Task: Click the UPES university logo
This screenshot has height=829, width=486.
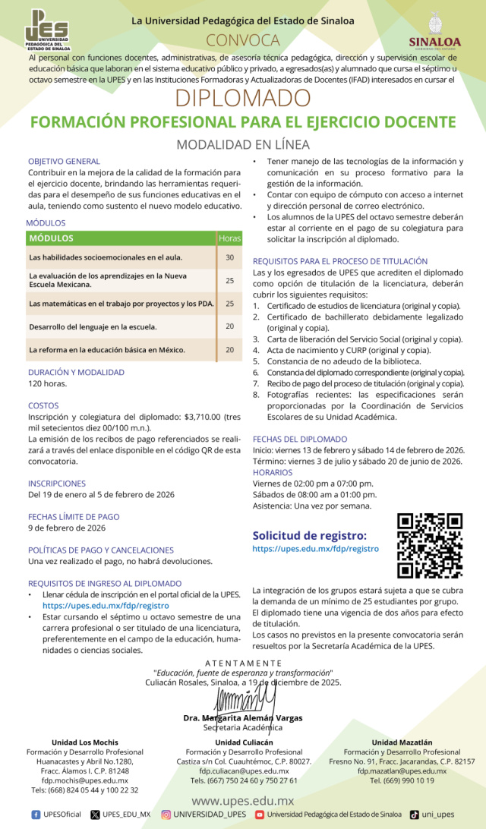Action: pyautogui.click(x=46, y=30)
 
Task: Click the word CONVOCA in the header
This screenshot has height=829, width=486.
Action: pyautogui.click(x=243, y=40)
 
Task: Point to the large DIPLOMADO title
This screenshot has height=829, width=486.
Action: pyautogui.click(x=243, y=98)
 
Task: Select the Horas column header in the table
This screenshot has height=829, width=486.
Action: pyautogui.click(x=229, y=238)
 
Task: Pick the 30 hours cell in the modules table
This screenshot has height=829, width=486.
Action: pyautogui.click(x=229, y=258)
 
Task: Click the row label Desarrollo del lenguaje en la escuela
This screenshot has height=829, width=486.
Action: pyautogui.click(x=93, y=326)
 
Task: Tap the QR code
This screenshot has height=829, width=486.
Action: pyautogui.click(x=431, y=545)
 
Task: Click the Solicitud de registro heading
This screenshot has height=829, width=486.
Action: pyautogui.click(x=309, y=534)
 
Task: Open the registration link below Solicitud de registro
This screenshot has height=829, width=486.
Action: pyautogui.click(x=315, y=548)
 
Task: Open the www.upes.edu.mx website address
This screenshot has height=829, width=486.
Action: pyautogui.click(x=242, y=800)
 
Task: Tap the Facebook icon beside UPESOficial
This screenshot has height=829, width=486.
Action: pyautogui.click(x=36, y=815)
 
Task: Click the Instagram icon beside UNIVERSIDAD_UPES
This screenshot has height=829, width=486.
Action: pyautogui.click(x=166, y=815)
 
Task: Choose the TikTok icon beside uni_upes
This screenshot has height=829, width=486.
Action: pyautogui.click(x=414, y=815)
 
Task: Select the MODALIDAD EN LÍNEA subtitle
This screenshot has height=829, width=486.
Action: pyautogui.click(x=243, y=144)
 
